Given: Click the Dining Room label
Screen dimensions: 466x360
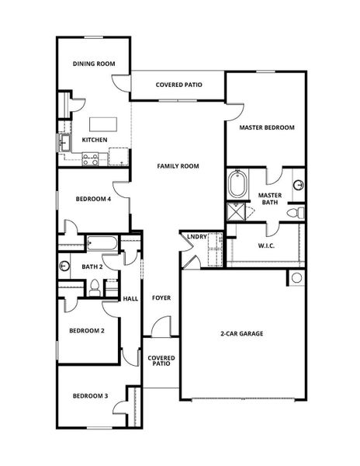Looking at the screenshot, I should [94, 64].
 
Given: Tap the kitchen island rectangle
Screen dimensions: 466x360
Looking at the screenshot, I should [102, 124].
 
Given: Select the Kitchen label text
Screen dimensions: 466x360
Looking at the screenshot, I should [95, 141].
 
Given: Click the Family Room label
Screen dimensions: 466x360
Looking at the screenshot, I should [178, 166].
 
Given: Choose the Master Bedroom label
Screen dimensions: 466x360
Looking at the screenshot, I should [266, 127].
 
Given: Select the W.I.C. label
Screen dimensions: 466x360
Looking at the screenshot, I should [267, 245].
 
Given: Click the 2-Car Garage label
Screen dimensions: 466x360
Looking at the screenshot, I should [241, 333].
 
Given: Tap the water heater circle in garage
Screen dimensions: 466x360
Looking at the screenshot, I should [296, 278].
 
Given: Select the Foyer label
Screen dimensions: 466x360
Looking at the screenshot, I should [161, 297].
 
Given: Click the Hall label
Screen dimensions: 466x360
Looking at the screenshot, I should [131, 298].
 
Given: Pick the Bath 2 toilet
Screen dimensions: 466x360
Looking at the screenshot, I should [93, 289].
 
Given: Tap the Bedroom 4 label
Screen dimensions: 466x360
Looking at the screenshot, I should [94, 200].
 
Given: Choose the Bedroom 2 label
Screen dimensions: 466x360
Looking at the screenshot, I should [88, 330].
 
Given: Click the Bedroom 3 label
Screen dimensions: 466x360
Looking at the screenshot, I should [90, 396].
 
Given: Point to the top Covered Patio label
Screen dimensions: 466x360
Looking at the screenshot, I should [178, 85].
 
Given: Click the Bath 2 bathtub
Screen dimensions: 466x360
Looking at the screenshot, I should [102, 244].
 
